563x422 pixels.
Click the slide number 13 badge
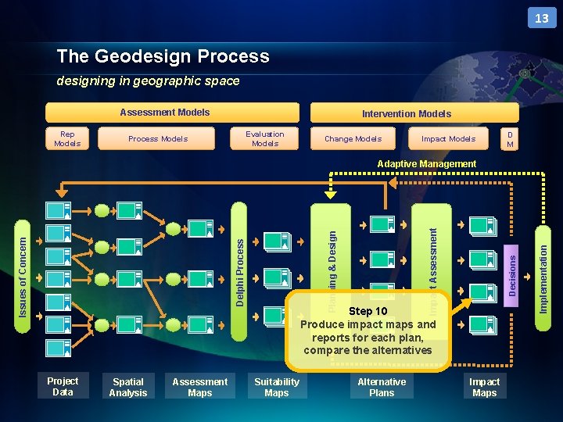tap(542, 17)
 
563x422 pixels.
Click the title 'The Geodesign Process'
tap(163, 56)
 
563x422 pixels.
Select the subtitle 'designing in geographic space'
tap(148, 80)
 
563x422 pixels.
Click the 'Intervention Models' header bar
tap(406, 113)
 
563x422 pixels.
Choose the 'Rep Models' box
tap(67, 138)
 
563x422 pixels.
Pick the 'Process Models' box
tap(158, 138)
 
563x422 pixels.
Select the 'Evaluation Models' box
tap(265, 138)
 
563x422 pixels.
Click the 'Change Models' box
tap(353, 138)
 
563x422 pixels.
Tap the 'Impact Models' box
tap(448, 138)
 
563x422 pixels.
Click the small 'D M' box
tap(510, 138)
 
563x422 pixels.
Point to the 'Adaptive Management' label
tap(426, 164)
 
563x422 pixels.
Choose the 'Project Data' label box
tap(63, 387)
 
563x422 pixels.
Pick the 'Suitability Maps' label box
tap(276, 387)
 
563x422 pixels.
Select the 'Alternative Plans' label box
tap(382, 387)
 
